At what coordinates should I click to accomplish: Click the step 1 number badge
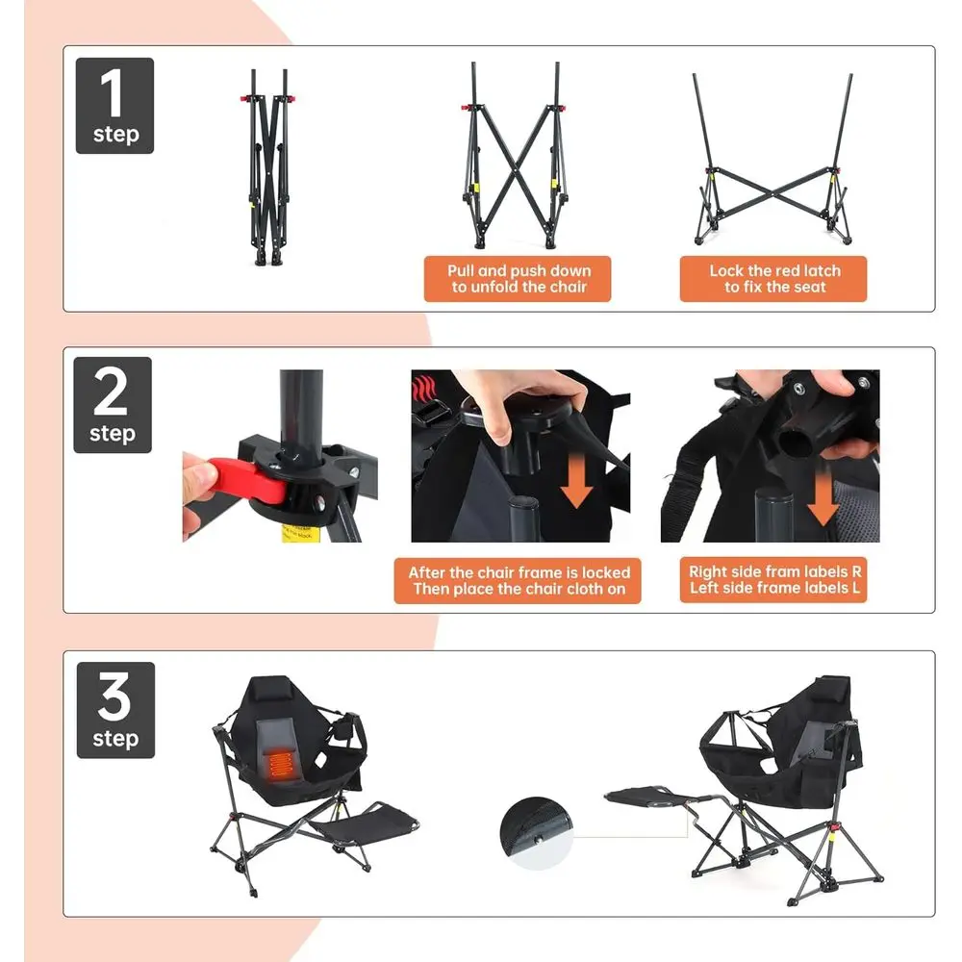coord(114,106)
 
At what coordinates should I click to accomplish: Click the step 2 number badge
coord(113,405)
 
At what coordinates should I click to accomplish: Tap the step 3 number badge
coord(114,710)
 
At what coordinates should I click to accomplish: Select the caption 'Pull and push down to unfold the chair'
coord(518,279)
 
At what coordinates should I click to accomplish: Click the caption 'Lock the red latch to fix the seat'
coord(773,279)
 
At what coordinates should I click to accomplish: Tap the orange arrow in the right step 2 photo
coord(823,494)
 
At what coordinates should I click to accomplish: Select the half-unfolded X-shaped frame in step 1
coord(516,159)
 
